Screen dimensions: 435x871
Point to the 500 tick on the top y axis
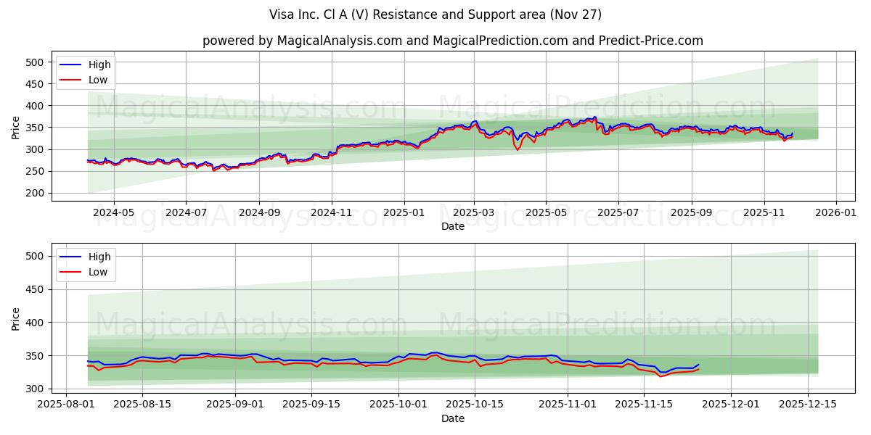point(36,62)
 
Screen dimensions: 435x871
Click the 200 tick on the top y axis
point(36,193)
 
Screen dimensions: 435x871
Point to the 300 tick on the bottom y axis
point(36,389)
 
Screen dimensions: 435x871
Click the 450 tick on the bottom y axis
point(36,289)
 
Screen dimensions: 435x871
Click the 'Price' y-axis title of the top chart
point(16,128)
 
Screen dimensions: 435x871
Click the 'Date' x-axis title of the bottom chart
point(452,418)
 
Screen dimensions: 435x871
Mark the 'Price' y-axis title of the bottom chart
point(16,319)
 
